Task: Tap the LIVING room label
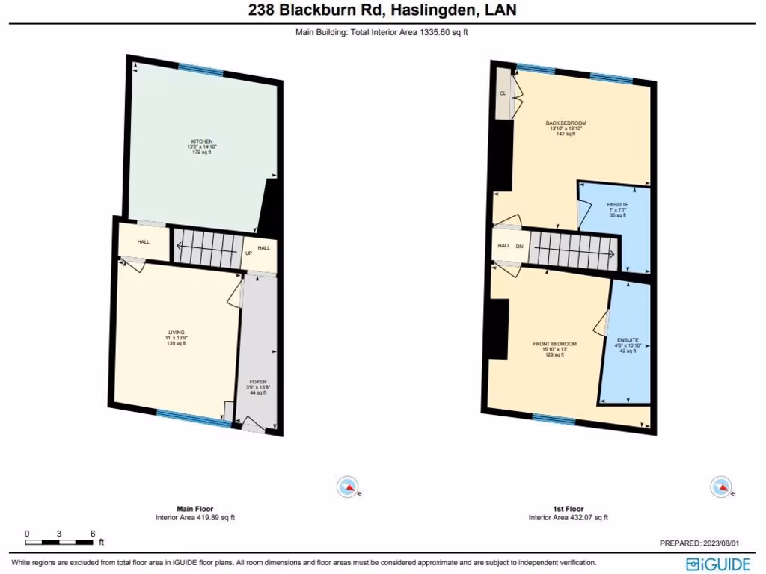[x=177, y=332]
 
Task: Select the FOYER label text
[x=257, y=382]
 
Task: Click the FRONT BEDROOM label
[x=554, y=344]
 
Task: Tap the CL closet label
[x=503, y=93]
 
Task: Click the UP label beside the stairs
[x=248, y=253]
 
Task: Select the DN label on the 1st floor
[x=519, y=246]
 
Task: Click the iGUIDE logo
[x=717, y=562]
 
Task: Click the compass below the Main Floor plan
[x=348, y=487]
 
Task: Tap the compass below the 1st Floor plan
[x=720, y=487]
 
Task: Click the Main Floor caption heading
[x=194, y=509]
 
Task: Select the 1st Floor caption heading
[x=569, y=509]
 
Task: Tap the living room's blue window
[x=194, y=418]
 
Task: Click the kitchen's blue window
[x=200, y=70]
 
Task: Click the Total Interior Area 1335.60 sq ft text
[x=382, y=32]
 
